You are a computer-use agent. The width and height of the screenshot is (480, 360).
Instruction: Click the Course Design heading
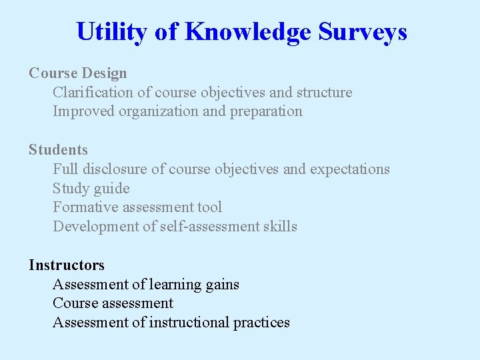coord(77,73)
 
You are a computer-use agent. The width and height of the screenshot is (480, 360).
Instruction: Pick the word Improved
coord(83,111)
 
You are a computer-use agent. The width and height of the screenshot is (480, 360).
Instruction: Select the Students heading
coord(58,150)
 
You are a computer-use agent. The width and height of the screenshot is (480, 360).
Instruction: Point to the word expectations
coord(349,169)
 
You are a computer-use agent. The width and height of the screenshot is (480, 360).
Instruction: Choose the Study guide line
coord(91,189)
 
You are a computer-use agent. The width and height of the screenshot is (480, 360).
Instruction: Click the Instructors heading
coord(67,265)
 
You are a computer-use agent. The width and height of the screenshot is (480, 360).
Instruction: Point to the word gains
coord(222,285)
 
